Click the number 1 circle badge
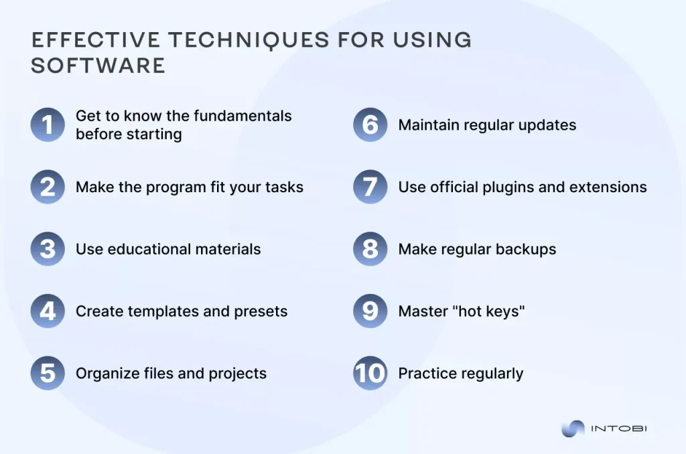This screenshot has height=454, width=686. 48,125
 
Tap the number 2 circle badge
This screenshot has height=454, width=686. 48,187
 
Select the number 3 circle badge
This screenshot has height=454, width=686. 48,249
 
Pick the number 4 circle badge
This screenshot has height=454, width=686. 48,311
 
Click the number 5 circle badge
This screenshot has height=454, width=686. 48,373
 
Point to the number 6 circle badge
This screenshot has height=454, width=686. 370,125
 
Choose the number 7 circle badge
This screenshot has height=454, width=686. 370,187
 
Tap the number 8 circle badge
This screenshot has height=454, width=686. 370,249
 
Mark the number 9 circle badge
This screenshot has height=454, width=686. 370,311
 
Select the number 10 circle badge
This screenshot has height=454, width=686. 370,373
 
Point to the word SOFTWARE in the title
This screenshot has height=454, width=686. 98,65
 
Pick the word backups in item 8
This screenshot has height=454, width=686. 524,249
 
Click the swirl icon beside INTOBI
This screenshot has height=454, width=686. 573,429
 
